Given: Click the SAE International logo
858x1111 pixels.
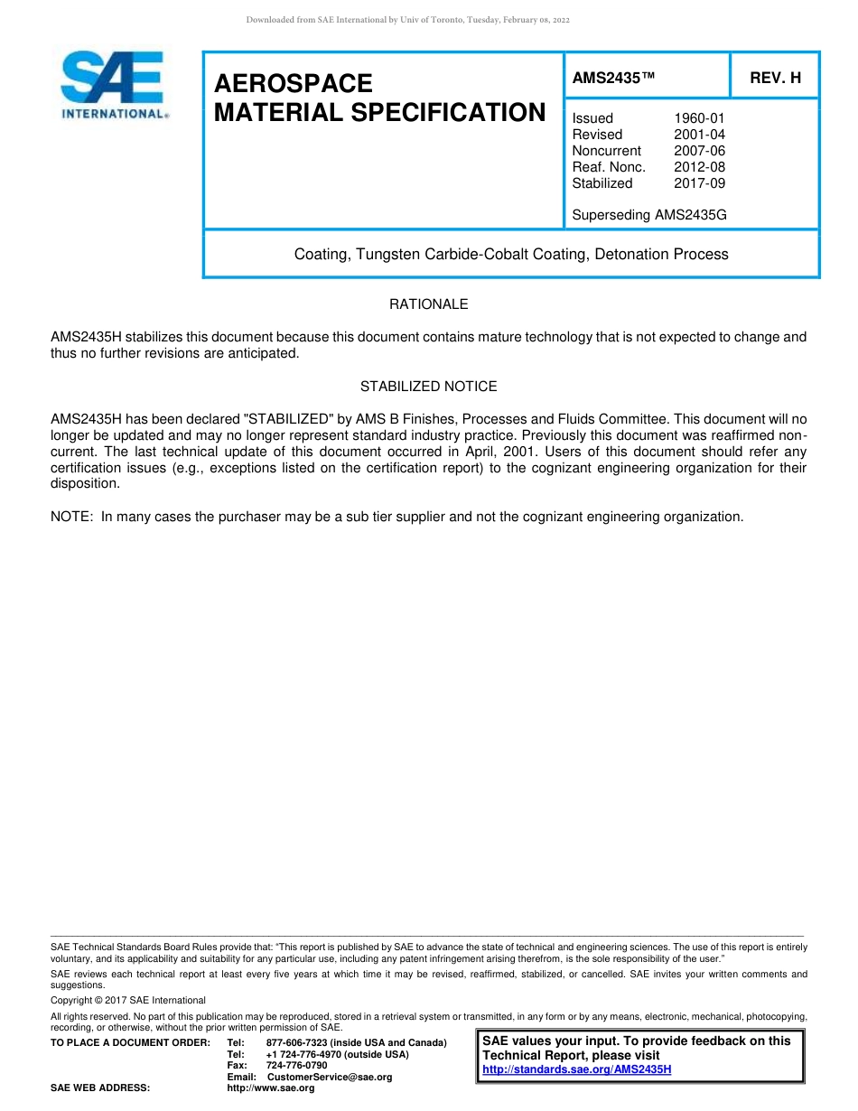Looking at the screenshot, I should [x=113, y=85].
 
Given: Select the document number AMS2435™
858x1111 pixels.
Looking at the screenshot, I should [x=612, y=79].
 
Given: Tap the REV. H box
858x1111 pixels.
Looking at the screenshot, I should [x=775, y=79].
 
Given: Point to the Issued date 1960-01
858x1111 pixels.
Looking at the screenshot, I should [x=699, y=118].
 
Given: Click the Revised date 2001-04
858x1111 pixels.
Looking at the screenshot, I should [x=699, y=135].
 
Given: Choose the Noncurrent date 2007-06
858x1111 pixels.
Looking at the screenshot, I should [x=699, y=151].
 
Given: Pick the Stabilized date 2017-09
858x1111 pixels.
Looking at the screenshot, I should [x=699, y=183].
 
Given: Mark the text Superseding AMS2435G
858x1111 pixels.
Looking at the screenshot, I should [x=648, y=216].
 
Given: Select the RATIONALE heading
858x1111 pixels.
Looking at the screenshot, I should [x=428, y=304].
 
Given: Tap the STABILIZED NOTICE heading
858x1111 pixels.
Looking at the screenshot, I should [x=428, y=387].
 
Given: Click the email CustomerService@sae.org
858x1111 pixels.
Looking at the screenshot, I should [x=330, y=1077].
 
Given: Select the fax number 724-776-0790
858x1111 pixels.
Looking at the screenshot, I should [x=296, y=1066].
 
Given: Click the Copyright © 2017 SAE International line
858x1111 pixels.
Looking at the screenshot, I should [x=127, y=1000].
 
